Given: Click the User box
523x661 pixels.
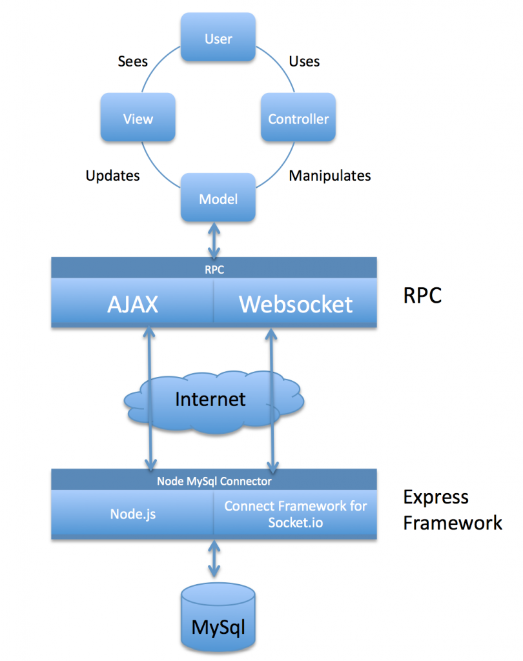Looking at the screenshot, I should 218,39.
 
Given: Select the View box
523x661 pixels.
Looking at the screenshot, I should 138,118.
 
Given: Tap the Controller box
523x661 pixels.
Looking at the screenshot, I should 298,118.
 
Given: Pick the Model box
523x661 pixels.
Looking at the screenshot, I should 218,199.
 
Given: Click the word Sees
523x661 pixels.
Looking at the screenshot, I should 133,62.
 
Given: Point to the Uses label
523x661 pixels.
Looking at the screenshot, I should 304,62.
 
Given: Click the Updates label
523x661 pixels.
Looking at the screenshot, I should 112,176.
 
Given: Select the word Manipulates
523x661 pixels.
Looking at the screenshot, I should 329,176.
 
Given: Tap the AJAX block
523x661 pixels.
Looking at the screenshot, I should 132,304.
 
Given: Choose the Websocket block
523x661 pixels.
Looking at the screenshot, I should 296,304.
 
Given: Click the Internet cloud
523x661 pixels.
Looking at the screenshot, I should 211,399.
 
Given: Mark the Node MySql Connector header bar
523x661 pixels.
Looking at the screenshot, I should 214,481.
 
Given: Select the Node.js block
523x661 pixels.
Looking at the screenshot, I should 132,514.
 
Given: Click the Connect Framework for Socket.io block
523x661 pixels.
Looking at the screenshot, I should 296,514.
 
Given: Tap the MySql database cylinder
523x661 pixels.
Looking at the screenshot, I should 218,618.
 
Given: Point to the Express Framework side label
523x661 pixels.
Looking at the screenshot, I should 452,510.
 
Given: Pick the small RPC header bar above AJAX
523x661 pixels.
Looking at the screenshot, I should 214,269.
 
